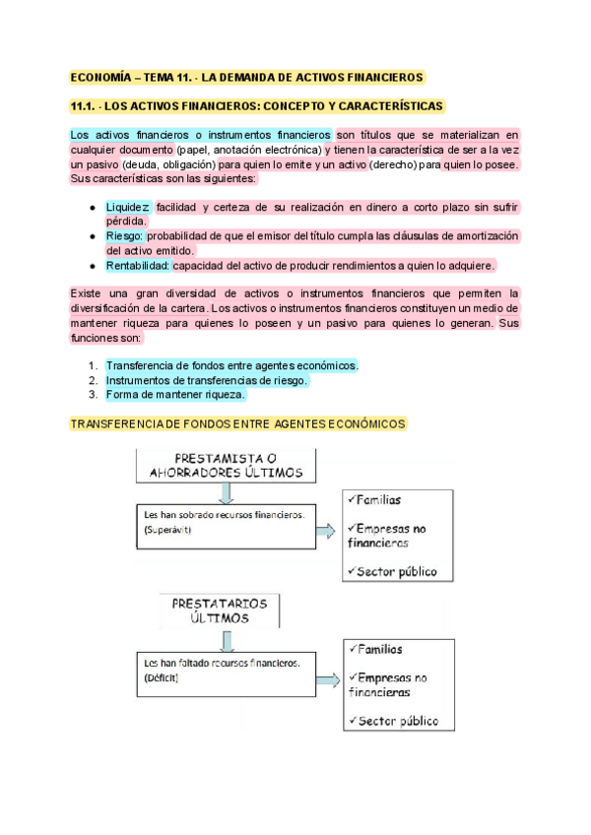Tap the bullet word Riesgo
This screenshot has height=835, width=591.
point(125,236)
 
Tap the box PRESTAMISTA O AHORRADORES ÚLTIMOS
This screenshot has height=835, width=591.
point(225,466)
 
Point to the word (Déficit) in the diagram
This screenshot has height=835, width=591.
point(162,678)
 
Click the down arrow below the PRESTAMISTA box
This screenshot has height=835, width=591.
point(226,492)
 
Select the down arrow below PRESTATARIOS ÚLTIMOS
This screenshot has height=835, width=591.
point(226,640)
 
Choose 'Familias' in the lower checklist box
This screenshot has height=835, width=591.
point(380,649)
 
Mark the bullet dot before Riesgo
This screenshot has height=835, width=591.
point(92,237)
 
